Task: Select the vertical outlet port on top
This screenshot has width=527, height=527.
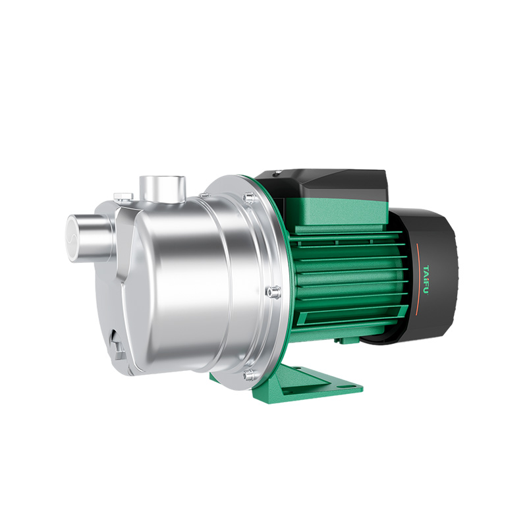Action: tap(163, 188)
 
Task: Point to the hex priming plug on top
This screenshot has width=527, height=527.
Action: tap(123, 196)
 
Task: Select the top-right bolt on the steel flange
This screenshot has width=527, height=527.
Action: tap(249, 196)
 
